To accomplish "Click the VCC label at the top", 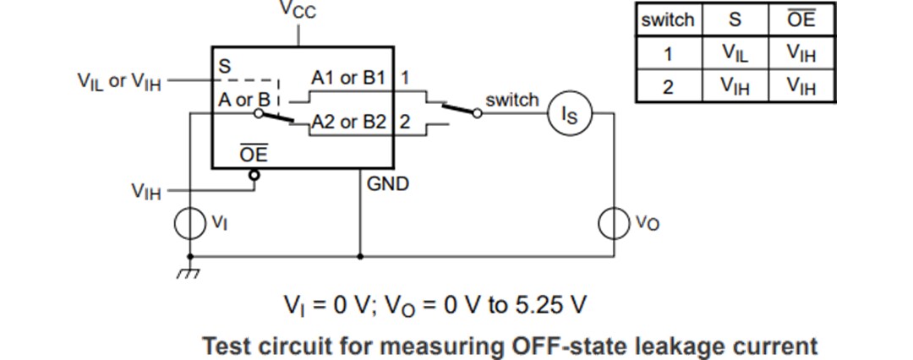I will click(298, 11).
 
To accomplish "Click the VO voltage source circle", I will click(615, 223).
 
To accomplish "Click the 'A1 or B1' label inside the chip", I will click(348, 79).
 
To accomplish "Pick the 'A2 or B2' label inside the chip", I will click(348, 123).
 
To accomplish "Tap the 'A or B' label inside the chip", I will click(242, 100).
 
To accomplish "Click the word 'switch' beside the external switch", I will click(511, 100).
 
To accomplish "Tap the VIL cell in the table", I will click(735, 53).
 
